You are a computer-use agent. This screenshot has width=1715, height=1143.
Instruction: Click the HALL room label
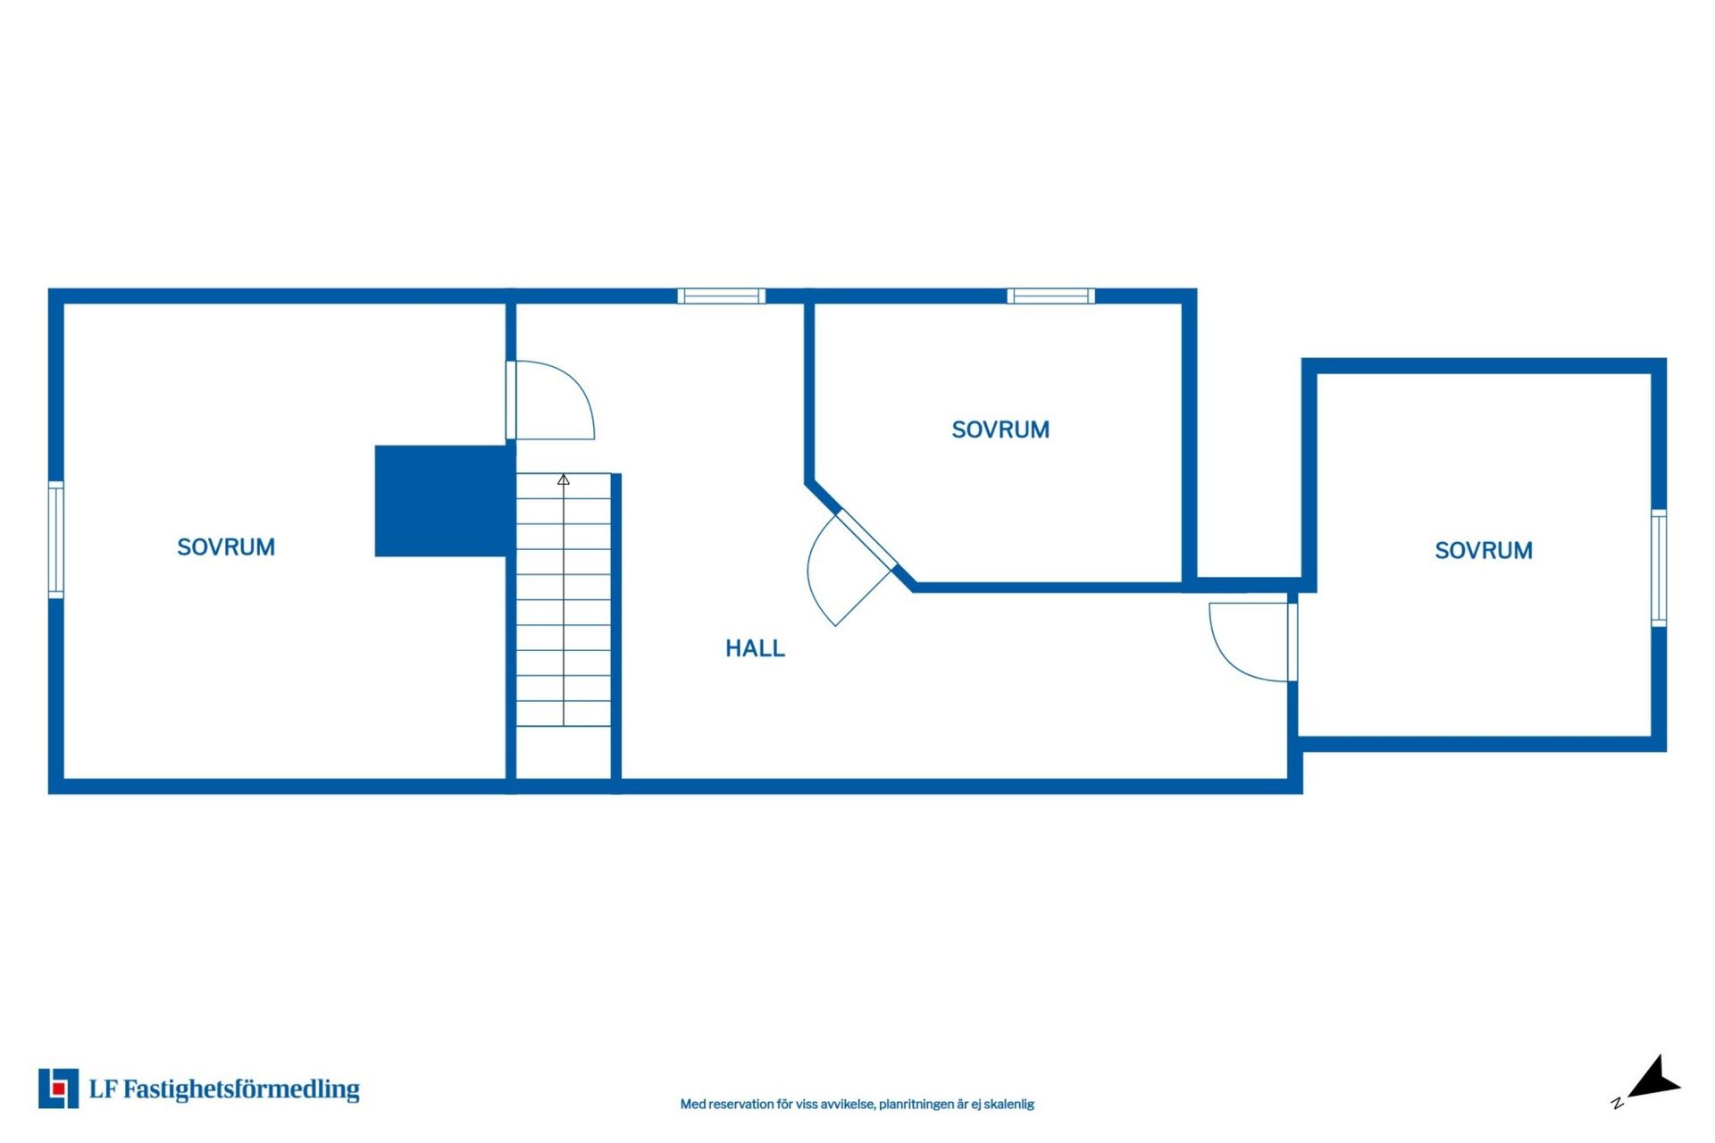[x=755, y=648]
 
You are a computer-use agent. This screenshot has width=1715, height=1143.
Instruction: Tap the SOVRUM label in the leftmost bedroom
[x=226, y=547]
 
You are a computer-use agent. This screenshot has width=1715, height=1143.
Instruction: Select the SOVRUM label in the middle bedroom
[x=1000, y=430]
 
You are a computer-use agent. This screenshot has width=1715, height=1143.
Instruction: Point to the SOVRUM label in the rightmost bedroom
[x=1484, y=551]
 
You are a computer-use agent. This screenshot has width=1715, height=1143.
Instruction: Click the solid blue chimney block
[x=444, y=501]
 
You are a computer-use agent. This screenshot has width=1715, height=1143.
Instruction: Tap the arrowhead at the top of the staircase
[x=564, y=480]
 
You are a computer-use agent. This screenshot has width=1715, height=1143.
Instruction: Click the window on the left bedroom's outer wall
[x=55, y=539]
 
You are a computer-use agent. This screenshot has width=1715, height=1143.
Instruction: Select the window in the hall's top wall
[x=721, y=296]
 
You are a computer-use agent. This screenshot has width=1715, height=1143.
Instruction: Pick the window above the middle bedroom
[x=1050, y=296]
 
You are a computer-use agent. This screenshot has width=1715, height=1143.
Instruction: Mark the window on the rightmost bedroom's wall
[x=1659, y=568]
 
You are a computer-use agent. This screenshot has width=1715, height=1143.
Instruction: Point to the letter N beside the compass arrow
[x=1617, y=1103]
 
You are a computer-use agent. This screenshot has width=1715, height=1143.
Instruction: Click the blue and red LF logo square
[x=58, y=1089]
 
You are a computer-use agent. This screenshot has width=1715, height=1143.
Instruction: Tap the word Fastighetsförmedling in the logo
[x=241, y=1089]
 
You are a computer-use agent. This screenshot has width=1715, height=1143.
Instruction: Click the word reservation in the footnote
[x=740, y=1105]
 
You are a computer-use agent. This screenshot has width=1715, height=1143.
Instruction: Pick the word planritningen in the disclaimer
[x=916, y=1105]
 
